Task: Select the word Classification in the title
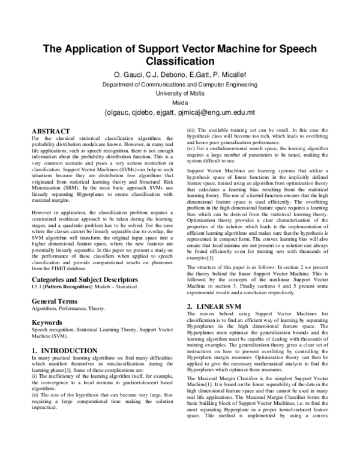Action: pyautogui.click(x=180, y=61)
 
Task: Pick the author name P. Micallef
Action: pyautogui.click(x=227, y=75)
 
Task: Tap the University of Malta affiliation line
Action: pyautogui.click(x=180, y=94)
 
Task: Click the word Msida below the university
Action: pyautogui.click(x=180, y=103)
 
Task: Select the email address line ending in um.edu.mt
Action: pyautogui.click(x=180, y=112)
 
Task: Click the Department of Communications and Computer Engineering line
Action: pyautogui.click(x=180, y=85)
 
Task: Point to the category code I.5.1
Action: pyautogui.click(x=37, y=287)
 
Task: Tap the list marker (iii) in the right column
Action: pyautogui.click(x=191, y=130)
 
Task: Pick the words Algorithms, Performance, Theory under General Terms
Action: pyautogui.click(x=66, y=308)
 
